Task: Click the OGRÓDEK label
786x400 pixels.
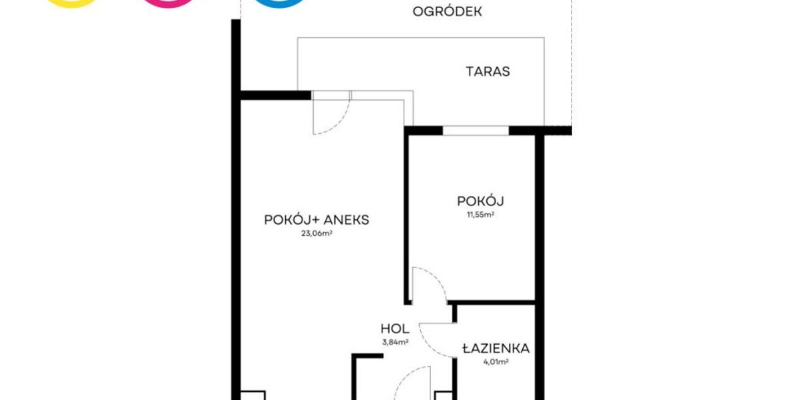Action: point(447,11)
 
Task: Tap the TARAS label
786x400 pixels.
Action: point(488,71)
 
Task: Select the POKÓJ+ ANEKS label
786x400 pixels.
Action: point(316,219)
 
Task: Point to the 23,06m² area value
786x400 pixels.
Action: point(316,233)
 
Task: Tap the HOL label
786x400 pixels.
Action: point(395,329)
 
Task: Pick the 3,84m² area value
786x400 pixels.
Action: point(395,343)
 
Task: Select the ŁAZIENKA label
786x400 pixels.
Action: point(496,348)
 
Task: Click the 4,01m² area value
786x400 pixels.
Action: point(496,361)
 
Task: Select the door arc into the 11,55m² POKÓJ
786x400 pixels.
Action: point(437,279)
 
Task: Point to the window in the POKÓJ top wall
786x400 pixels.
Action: point(476,131)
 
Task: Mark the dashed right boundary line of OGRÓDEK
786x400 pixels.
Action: point(572,63)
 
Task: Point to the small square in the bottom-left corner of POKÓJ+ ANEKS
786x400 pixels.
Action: point(253,395)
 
